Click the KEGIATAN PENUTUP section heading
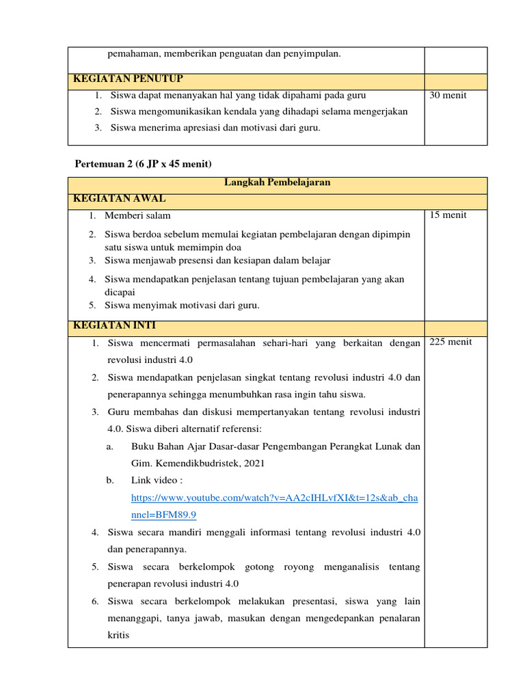point(128,79)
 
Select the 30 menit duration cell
point(448,96)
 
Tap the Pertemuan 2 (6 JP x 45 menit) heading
point(144,164)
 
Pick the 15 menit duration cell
point(448,215)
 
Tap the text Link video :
point(157,481)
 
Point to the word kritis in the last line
point(118,636)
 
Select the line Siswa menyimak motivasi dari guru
point(182,306)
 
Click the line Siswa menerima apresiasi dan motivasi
point(215,127)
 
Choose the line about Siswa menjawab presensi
point(217,260)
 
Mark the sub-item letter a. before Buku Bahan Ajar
point(109,446)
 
